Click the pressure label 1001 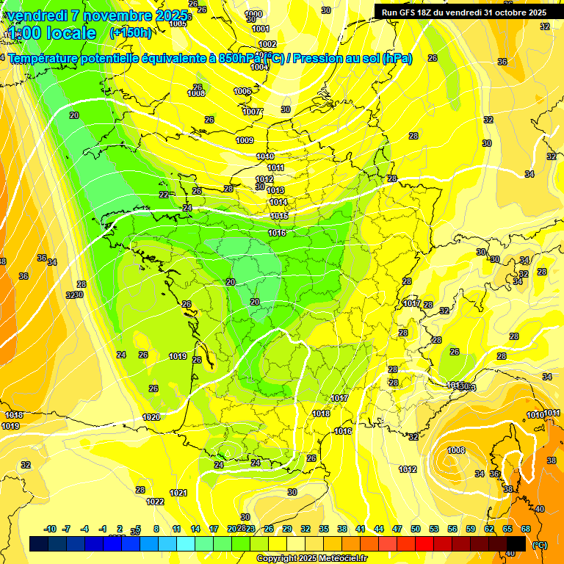(261, 29)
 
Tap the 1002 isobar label (268, 44)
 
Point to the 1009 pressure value (245, 140)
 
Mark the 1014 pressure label (278, 202)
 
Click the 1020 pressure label (151, 416)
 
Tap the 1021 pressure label (178, 493)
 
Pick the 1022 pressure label (155, 502)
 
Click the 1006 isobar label (242, 91)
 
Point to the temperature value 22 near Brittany (164, 195)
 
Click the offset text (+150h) (131, 32)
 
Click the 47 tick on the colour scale (397, 529)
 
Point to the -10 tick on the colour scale (51, 529)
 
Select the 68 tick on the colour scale (526, 529)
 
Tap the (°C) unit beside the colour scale (540, 545)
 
